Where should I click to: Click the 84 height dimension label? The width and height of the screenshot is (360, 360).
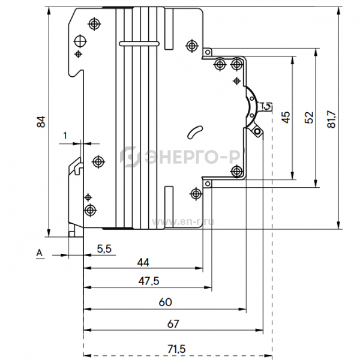[41, 122]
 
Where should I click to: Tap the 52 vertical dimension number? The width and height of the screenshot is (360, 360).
[309, 118]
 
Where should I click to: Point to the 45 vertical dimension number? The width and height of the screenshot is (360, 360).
[286, 117]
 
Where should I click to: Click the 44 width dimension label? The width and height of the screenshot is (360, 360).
[143, 262]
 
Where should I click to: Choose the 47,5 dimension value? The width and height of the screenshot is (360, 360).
[149, 281]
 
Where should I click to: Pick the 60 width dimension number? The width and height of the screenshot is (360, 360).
[166, 302]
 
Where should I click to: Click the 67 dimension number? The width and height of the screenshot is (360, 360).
[173, 324]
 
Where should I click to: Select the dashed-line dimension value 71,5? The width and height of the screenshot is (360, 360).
[176, 349]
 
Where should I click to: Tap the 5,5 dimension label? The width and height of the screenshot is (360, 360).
[104, 249]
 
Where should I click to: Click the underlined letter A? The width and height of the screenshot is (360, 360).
[40, 253]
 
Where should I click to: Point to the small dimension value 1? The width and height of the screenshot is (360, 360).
[65, 136]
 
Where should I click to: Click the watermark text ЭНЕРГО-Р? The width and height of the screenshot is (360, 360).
[193, 157]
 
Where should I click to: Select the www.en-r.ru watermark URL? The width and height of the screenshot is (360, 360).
[183, 222]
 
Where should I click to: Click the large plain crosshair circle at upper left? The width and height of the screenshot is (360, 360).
[80, 41]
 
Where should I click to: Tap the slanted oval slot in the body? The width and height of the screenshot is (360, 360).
[195, 132]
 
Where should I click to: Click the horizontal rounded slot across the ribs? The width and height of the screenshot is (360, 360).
[139, 44]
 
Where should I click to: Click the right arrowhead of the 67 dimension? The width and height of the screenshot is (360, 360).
[260, 330]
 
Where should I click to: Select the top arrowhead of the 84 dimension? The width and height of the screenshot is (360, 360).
[49, 11]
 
